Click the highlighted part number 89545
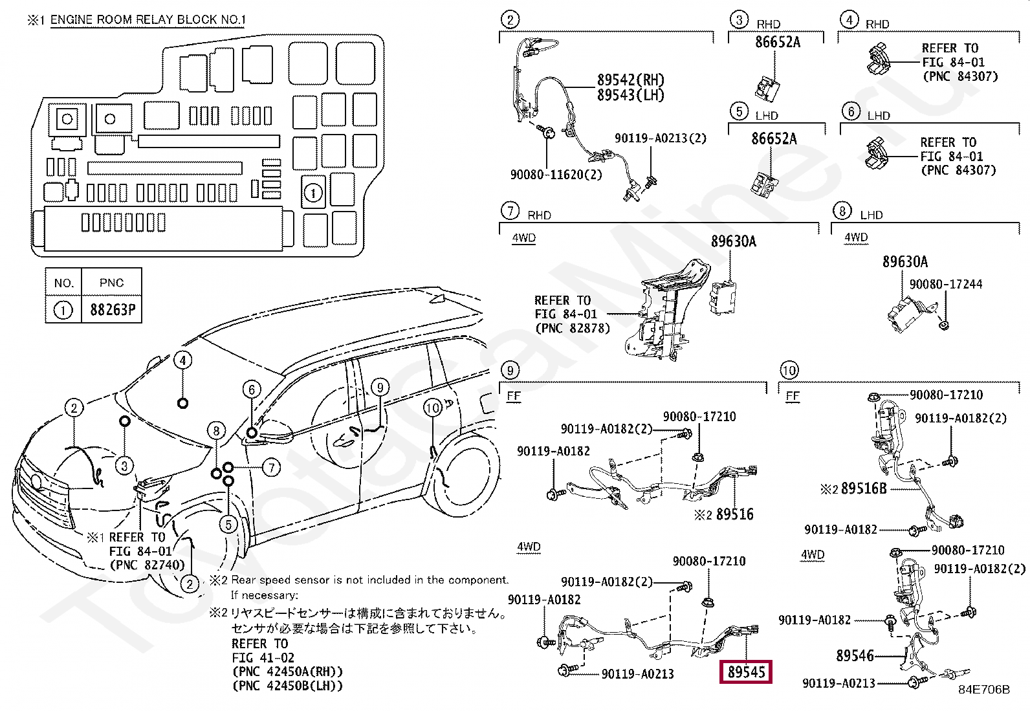click(x=747, y=672)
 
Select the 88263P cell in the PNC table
click(x=112, y=310)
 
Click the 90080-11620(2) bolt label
click(x=556, y=174)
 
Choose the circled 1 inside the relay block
click(x=312, y=193)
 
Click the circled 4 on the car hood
click(x=183, y=360)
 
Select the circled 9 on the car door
click(x=380, y=388)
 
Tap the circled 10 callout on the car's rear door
click(x=433, y=408)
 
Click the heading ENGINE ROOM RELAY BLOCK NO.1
click(x=148, y=19)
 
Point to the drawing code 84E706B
click(x=983, y=690)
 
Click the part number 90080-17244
click(x=945, y=285)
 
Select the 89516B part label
click(x=864, y=488)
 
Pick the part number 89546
click(x=855, y=656)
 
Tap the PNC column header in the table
click(x=112, y=283)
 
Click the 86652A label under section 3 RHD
click(x=778, y=42)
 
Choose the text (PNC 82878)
click(x=573, y=329)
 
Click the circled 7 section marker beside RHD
click(x=510, y=211)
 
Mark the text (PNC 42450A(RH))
click(x=287, y=672)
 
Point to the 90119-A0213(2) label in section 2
click(x=660, y=138)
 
